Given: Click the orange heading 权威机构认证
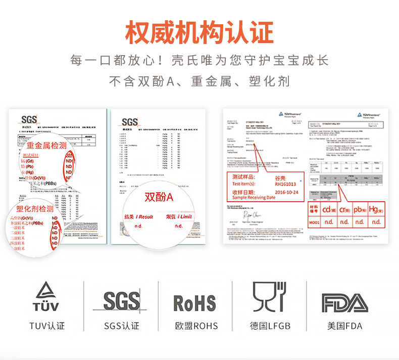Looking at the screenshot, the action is point(199,32).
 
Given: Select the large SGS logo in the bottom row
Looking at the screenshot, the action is point(121,301).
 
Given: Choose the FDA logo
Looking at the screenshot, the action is point(345,302).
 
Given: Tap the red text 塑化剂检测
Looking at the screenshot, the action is point(35,209).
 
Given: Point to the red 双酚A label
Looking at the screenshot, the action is point(159,197).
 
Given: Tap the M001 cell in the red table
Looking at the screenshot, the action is point(313,222).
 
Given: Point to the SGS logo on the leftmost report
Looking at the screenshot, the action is point(28,120).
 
